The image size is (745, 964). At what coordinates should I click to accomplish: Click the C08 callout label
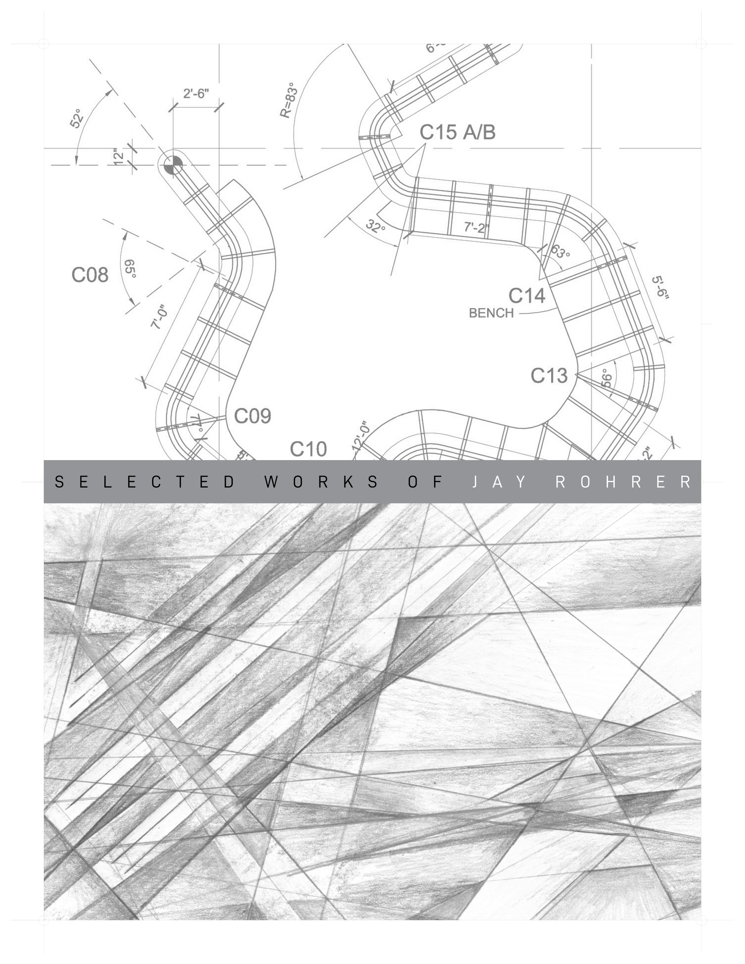tap(90, 275)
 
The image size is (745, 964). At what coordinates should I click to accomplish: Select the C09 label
tap(252, 416)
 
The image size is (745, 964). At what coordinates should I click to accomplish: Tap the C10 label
tap(308, 449)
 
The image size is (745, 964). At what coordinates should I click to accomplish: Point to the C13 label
tap(549, 376)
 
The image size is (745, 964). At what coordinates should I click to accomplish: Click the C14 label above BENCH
tap(527, 296)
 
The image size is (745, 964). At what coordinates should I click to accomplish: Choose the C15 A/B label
tap(457, 132)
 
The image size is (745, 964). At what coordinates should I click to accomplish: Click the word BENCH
tap(491, 313)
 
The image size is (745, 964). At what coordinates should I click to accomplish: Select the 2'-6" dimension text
tap(196, 94)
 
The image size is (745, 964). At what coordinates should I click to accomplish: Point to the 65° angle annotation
tap(131, 268)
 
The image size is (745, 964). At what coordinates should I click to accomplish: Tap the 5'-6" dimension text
tap(661, 288)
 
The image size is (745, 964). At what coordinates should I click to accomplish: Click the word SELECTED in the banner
tap(146, 482)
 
